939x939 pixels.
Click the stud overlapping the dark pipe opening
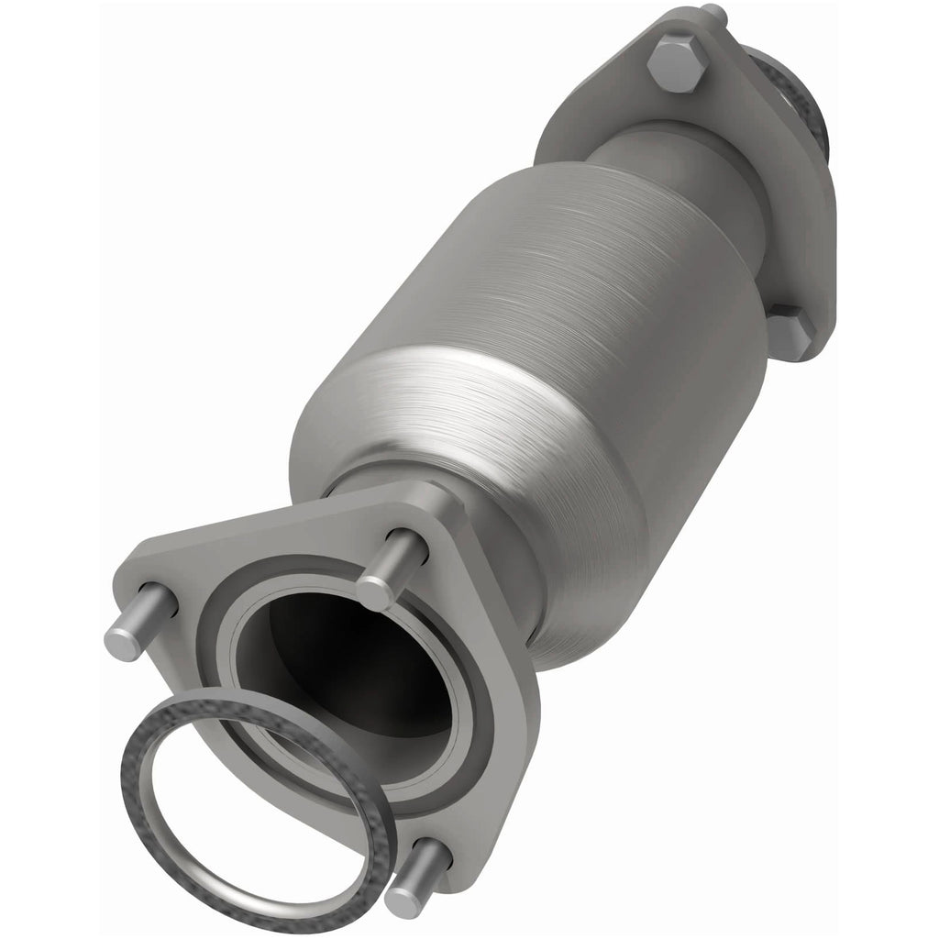pyautogui.click(x=392, y=569)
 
